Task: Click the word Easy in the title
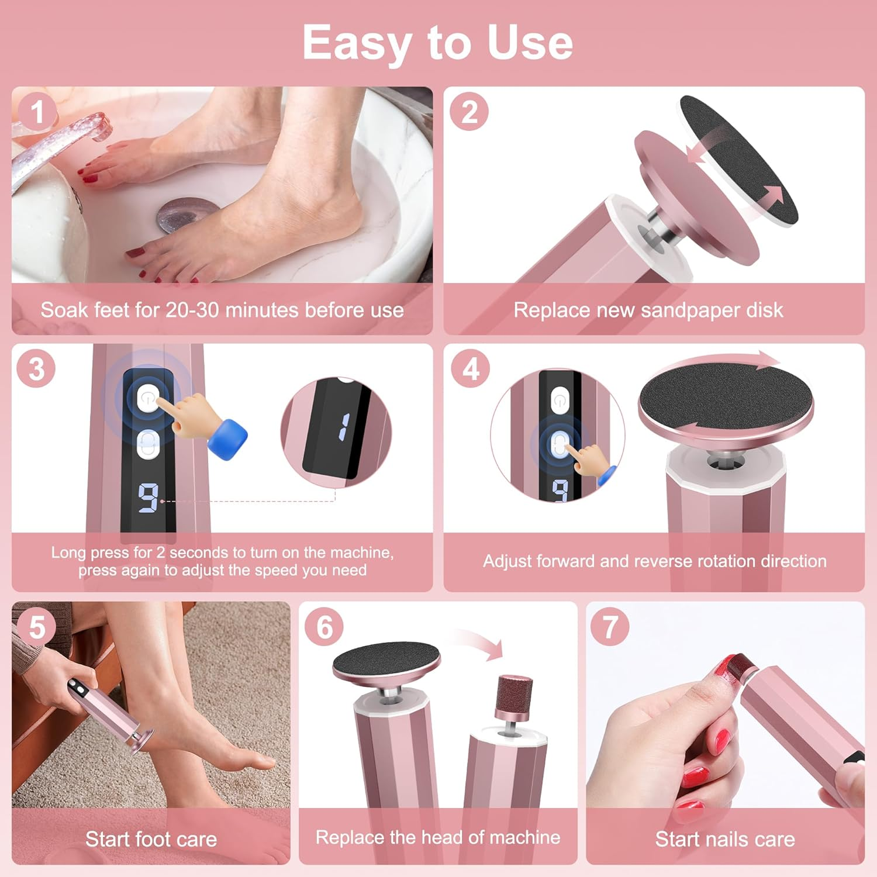pyautogui.click(x=357, y=43)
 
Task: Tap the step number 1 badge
pyautogui.click(x=37, y=112)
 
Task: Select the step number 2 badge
pyautogui.click(x=469, y=112)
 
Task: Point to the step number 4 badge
pyautogui.click(x=471, y=369)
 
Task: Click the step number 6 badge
pyautogui.click(x=324, y=627)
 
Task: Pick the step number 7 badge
pyautogui.click(x=610, y=627)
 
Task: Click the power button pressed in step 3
pyautogui.click(x=149, y=399)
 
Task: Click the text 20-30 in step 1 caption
pyautogui.click(x=192, y=310)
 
